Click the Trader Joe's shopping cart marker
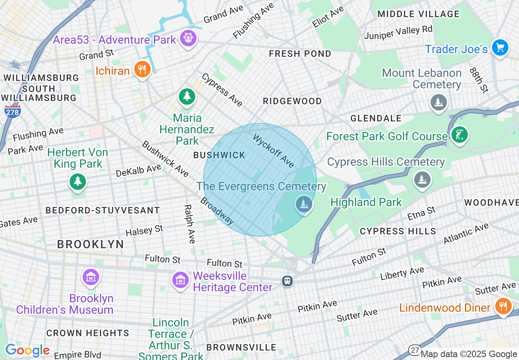500,47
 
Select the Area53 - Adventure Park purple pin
188,38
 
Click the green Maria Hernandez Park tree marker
187,97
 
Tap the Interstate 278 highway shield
13,111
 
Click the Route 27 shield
414,350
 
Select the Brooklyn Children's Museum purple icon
91,277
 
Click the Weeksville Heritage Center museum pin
180,280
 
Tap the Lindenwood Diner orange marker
503,306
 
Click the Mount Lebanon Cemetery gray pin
438,101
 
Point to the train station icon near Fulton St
287,281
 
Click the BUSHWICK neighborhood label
219,155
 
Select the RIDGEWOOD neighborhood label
292,101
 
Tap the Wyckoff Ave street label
273,151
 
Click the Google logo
27,351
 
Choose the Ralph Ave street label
189,224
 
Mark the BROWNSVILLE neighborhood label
241,347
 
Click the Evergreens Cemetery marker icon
304,203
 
